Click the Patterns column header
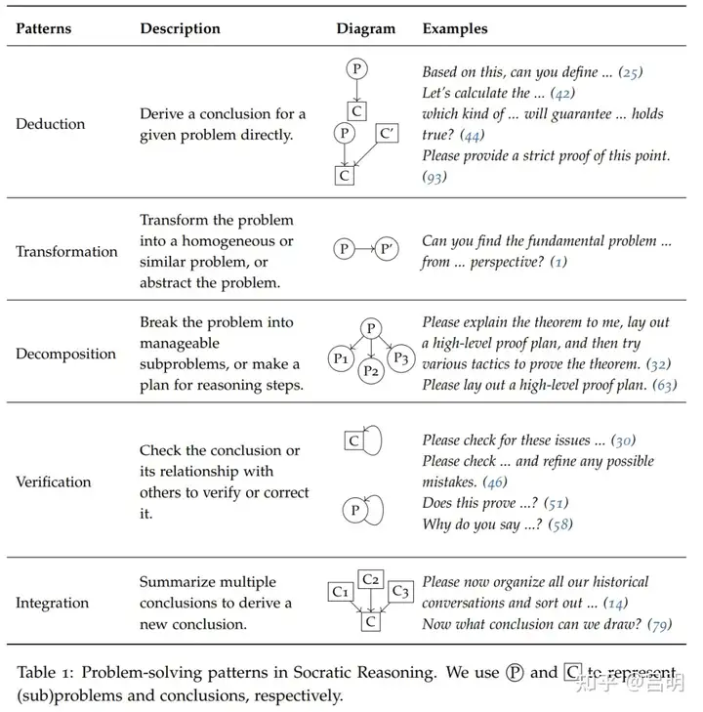coord(43,28)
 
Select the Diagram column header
coord(366,28)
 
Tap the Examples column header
coord(455,28)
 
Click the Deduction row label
coord(50,124)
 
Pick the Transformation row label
coord(66,251)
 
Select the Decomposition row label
coord(65,354)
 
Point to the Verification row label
coord(54,482)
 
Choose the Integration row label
coord(52,603)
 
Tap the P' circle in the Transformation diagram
coord(389,250)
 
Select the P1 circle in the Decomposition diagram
coord(341,358)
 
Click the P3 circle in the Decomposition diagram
coord(398,358)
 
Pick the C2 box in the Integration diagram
coord(371,578)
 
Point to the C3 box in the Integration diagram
coord(400,591)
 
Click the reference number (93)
coord(434,177)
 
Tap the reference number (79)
coord(660,624)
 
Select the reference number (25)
coord(632,71)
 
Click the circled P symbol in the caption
coord(516,673)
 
